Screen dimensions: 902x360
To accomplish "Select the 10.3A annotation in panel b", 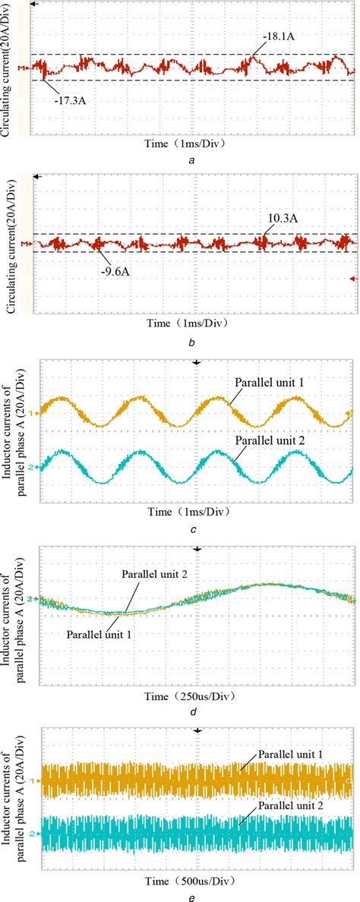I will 281,218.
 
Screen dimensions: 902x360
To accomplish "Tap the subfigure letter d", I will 196,710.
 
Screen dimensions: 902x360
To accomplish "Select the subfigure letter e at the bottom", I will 196,894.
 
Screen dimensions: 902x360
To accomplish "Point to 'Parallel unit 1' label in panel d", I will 98,634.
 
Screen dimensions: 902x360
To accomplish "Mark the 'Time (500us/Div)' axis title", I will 196,875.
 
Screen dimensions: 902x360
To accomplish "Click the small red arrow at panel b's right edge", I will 352,279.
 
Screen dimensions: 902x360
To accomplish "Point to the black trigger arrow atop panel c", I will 197,364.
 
